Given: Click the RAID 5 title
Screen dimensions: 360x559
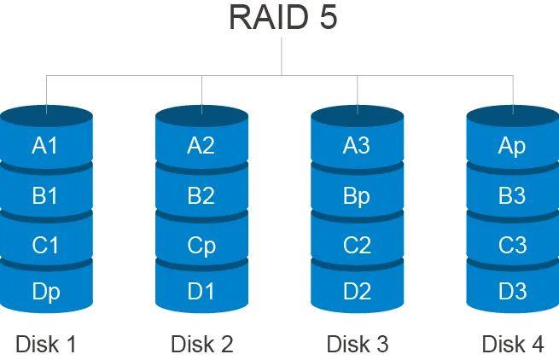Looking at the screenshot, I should click(282, 17).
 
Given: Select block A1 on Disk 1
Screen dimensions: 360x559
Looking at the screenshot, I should click(45, 146).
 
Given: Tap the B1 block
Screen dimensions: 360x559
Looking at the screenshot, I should click(45, 196).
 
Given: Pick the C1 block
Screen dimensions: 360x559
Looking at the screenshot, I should click(45, 246).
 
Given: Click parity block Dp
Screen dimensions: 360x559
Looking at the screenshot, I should click(45, 292).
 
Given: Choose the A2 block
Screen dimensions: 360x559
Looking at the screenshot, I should click(201, 146).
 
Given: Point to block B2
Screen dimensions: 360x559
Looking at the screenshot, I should click(201, 196).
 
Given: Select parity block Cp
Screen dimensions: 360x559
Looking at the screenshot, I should click(201, 246).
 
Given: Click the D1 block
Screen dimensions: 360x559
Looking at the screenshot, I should click(201, 292).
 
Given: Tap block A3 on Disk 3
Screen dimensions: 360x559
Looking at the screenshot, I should click(357, 146).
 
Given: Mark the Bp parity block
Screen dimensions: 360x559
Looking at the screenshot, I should click(357, 196).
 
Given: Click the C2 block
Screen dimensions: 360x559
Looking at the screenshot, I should click(357, 246).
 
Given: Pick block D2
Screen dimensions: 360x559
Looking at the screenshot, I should click(357, 292).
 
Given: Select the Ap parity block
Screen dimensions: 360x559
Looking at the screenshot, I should click(512, 146).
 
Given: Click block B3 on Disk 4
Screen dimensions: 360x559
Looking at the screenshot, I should click(512, 196).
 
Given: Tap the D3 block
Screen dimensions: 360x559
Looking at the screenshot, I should click(512, 292).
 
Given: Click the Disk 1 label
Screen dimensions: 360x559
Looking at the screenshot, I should click(46, 344).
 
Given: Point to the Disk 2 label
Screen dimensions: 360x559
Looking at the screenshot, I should click(201, 344).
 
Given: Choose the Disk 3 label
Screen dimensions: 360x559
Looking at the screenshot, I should click(357, 344).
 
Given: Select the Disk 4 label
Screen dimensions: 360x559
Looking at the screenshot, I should click(512, 344).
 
